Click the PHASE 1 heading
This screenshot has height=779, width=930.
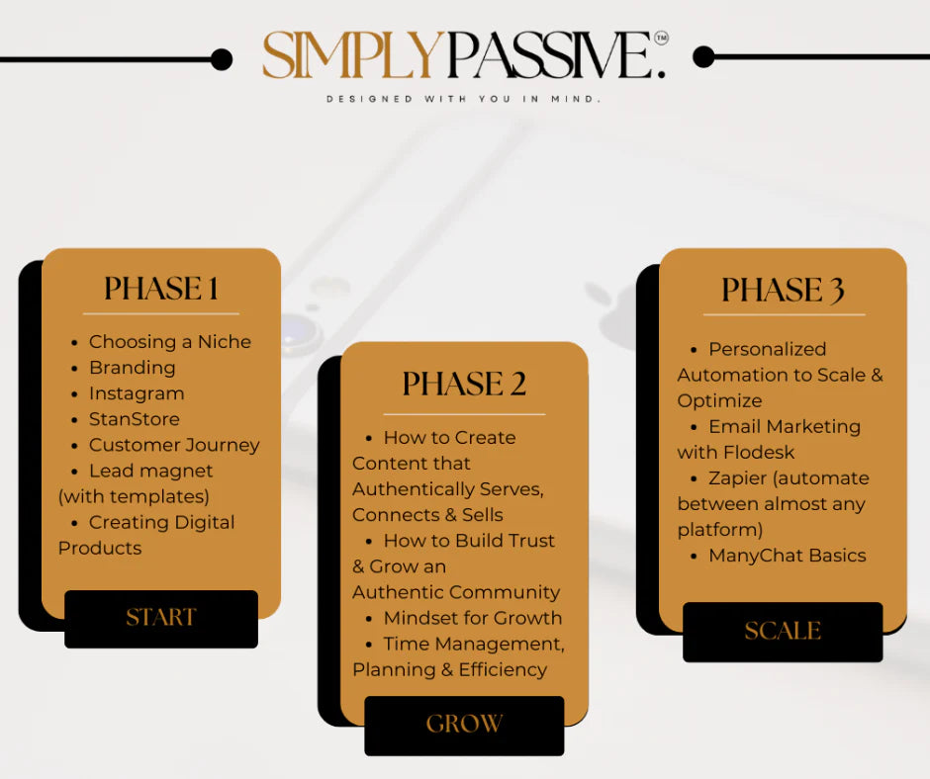point(161,289)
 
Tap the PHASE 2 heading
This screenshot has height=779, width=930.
point(464,385)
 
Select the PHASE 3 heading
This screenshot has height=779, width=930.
point(783,291)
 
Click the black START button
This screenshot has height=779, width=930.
point(161,619)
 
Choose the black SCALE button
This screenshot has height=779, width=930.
point(783,632)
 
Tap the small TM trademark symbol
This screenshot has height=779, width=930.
point(661,38)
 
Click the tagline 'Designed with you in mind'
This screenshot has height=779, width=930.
point(464,99)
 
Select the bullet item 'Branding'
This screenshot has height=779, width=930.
point(132,368)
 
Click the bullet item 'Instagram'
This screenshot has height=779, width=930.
point(137,393)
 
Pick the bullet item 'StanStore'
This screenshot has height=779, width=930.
point(135,419)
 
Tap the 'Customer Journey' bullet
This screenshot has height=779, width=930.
point(174,445)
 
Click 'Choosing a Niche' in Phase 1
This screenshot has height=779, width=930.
point(170,342)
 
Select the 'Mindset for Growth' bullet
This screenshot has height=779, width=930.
point(473,618)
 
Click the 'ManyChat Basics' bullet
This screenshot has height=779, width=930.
point(787,556)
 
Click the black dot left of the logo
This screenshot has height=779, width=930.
point(222,59)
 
